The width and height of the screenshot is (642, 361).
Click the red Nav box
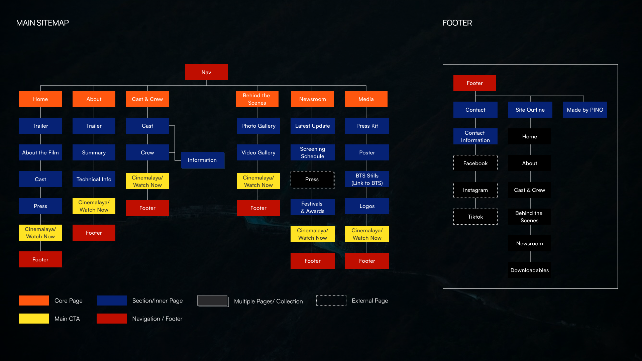pos(206,72)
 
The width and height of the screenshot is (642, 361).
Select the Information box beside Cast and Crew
pos(202,160)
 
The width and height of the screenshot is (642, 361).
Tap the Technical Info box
pos(94,179)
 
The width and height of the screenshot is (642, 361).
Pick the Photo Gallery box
pos(258,126)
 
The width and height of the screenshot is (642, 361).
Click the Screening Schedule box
pos(312,152)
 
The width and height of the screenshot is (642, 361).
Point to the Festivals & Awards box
pos(312,207)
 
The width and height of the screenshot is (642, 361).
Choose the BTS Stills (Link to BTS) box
pos(367,179)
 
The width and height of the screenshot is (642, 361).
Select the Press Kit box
pos(367,126)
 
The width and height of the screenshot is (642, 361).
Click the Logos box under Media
pos(367,206)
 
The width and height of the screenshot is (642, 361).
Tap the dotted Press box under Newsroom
pos(312,179)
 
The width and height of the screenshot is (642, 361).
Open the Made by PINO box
pos(585,110)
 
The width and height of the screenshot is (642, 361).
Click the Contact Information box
pos(475,136)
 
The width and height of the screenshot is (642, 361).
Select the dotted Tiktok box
pos(475,217)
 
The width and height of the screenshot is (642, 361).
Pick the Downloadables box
pos(529,270)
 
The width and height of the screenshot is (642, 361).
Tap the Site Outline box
pos(530,110)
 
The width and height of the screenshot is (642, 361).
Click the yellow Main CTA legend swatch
pos(34,319)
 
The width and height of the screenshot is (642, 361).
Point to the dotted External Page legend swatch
pos(331,300)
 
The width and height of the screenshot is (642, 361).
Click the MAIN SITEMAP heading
pos(42,23)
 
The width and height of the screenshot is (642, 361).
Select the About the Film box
pos(40,152)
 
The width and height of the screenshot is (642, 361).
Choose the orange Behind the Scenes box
pos(257,99)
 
